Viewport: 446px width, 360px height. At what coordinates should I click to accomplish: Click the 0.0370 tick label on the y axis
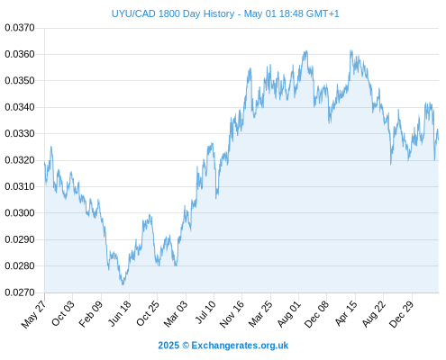(20, 28)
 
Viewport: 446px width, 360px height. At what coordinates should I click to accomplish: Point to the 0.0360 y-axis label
(20, 54)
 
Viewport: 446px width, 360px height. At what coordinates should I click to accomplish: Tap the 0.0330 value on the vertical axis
(20, 133)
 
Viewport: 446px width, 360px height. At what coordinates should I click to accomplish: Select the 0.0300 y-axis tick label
(20, 213)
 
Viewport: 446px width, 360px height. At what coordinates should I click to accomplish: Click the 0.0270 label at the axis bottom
(20, 292)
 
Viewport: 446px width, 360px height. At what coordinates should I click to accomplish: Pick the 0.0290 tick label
(20, 239)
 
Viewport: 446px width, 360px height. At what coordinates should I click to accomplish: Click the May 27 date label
(33, 314)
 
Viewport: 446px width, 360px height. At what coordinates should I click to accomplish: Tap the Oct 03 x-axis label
(62, 313)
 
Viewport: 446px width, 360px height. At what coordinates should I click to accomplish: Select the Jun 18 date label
(120, 313)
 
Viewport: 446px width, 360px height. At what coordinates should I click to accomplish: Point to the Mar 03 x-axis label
(176, 314)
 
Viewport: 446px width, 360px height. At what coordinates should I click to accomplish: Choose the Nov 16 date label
(232, 314)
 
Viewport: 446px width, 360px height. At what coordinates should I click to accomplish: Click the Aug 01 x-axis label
(288, 314)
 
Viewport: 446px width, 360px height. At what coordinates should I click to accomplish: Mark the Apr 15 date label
(346, 313)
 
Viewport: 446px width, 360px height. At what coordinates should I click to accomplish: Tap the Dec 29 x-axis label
(401, 314)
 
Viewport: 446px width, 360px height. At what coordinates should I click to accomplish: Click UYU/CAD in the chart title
(133, 13)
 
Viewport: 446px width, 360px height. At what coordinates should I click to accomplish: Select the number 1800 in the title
(169, 13)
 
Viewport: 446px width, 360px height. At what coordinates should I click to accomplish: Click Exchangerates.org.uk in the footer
(240, 346)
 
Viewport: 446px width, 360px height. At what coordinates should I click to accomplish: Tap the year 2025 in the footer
(168, 346)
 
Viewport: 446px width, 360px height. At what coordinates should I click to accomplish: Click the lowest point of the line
(123, 284)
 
